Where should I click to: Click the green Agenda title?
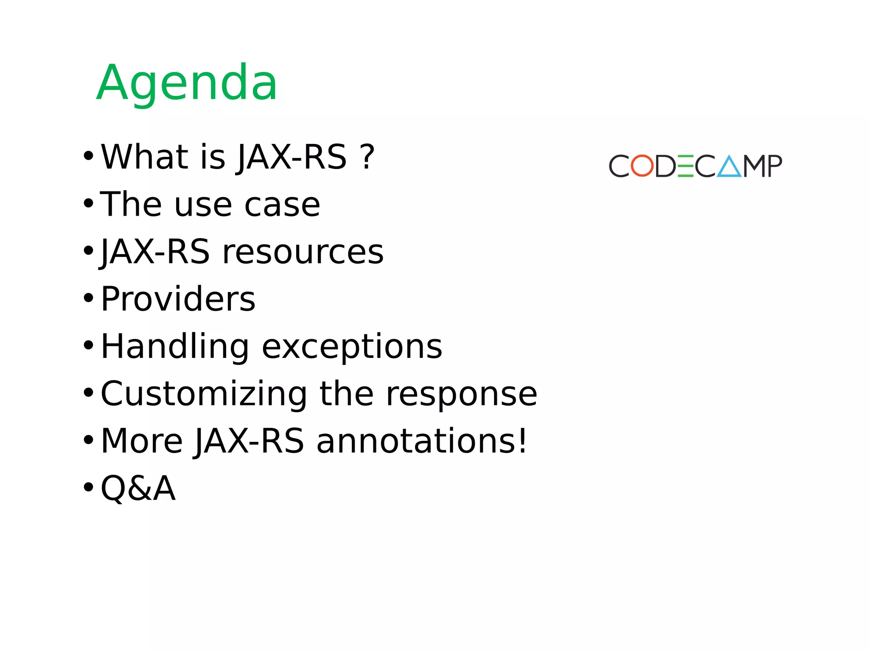pyautogui.click(x=187, y=83)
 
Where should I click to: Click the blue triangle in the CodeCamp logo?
pyautogui.click(x=729, y=167)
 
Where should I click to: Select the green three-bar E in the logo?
pyautogui.click(x=685, y=166)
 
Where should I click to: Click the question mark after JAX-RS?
pyautogui.click(x=367, y=157)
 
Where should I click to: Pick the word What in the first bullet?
pyautogui.click(x=144, y=157)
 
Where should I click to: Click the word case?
pyautogui.click(x=282, y=205)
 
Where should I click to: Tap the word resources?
pyautogui.click(x=303, y=252)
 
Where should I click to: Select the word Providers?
pyautogui.click(x=178, y=299)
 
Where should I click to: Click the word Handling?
pyautogui.click(x=175, y=347)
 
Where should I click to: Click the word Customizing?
pyautogui.click(x=204, y=394)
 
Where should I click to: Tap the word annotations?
pyautogui.click(x=416, y=441)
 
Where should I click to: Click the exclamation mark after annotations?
pyautogui.click(x=522, y=441)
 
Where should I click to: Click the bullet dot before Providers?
pyautogui.click(x=88, y=298)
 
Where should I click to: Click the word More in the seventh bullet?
pyautogui.click(x=142, y=441)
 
